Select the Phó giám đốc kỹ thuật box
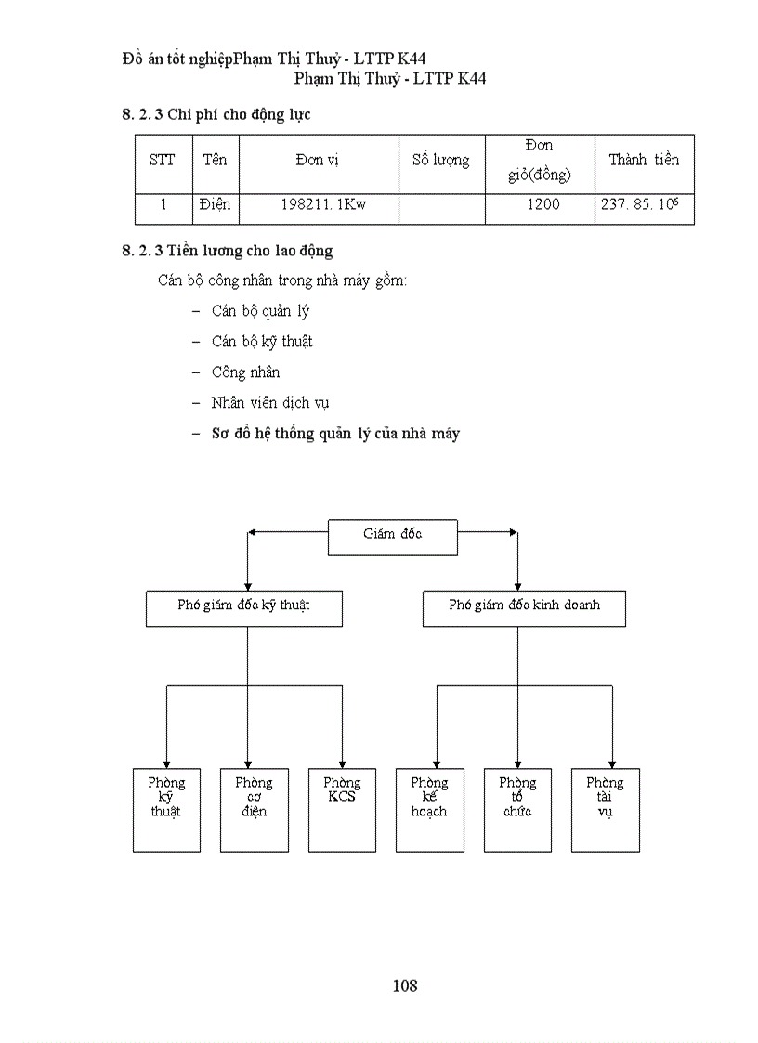(x=244, y=608)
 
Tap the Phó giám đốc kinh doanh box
(x=524, y=608)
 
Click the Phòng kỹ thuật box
(x=166, y=809)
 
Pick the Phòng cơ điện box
(x=254, y=809)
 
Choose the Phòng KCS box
(x=341, y=809)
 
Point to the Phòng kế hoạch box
(x=429, y=809)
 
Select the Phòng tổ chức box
(x=517, y=809)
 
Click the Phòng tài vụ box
(x=605, y=809)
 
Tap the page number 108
(x=405, y=985)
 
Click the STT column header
(x=163, y=161)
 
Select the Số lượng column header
(x=441, y=161)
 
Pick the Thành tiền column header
(x=644, y=161)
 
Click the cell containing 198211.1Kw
(x=319, y=205)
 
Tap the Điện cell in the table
(x=215, y=205)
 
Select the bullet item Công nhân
(x=245, y=372)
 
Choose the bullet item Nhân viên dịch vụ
(x=269, y=403)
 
